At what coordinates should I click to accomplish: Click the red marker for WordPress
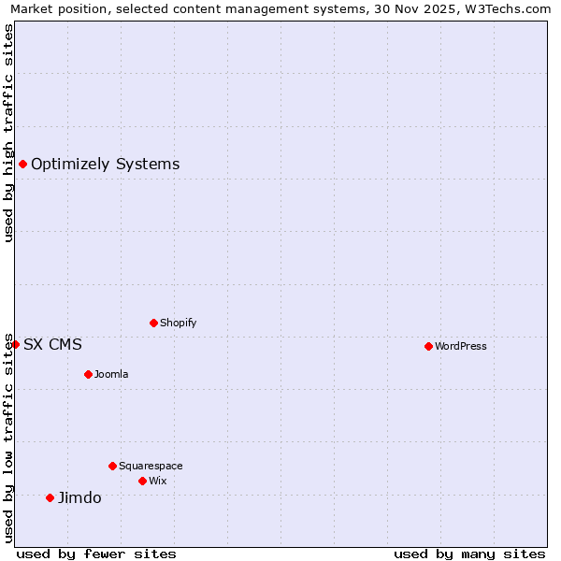tap(428, 346)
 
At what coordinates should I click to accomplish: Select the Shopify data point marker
tap(153, 323)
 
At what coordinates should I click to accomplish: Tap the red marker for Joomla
tap(88, 374)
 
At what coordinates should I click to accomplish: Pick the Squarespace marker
tap(112, 466)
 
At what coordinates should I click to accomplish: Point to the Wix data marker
tap(142, 481)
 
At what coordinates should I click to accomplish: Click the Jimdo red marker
tap(50, 497)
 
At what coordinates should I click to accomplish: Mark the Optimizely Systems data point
tap(22, 165)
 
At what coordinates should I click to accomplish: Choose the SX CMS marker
tap(15, 344)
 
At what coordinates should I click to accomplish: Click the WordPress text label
tap(461, 346)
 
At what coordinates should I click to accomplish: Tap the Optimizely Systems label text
tap(105, 165)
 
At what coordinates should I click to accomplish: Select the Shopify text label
tap(179, 323)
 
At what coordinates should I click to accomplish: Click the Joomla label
tap(111, 374)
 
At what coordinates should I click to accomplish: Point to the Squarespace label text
tap(151, 466)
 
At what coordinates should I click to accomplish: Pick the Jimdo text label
tap(79, 497)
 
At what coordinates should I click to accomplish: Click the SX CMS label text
tap(52, 344)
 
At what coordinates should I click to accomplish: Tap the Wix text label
tap(158, 481)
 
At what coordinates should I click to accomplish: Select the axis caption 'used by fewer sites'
tap(96, 554)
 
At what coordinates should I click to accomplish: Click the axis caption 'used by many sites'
tap(469, 554)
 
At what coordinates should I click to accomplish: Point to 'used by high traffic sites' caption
tap(8, 133)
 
